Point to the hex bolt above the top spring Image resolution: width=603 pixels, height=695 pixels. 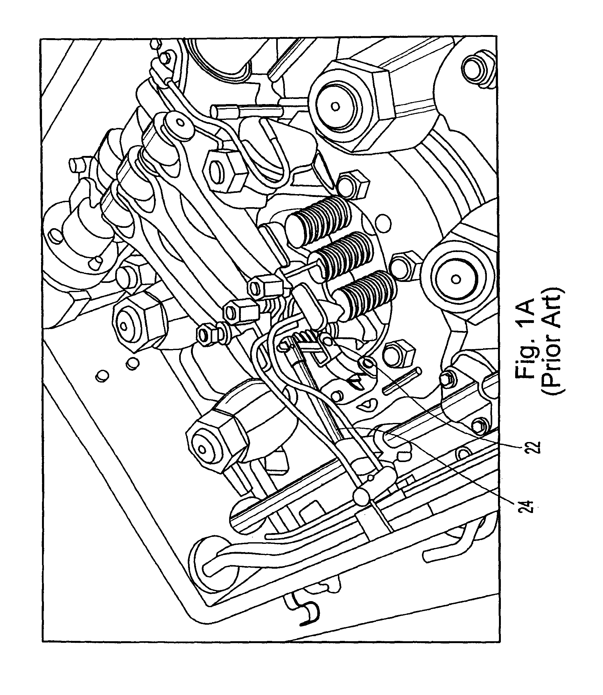click(x=353, y=185)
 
